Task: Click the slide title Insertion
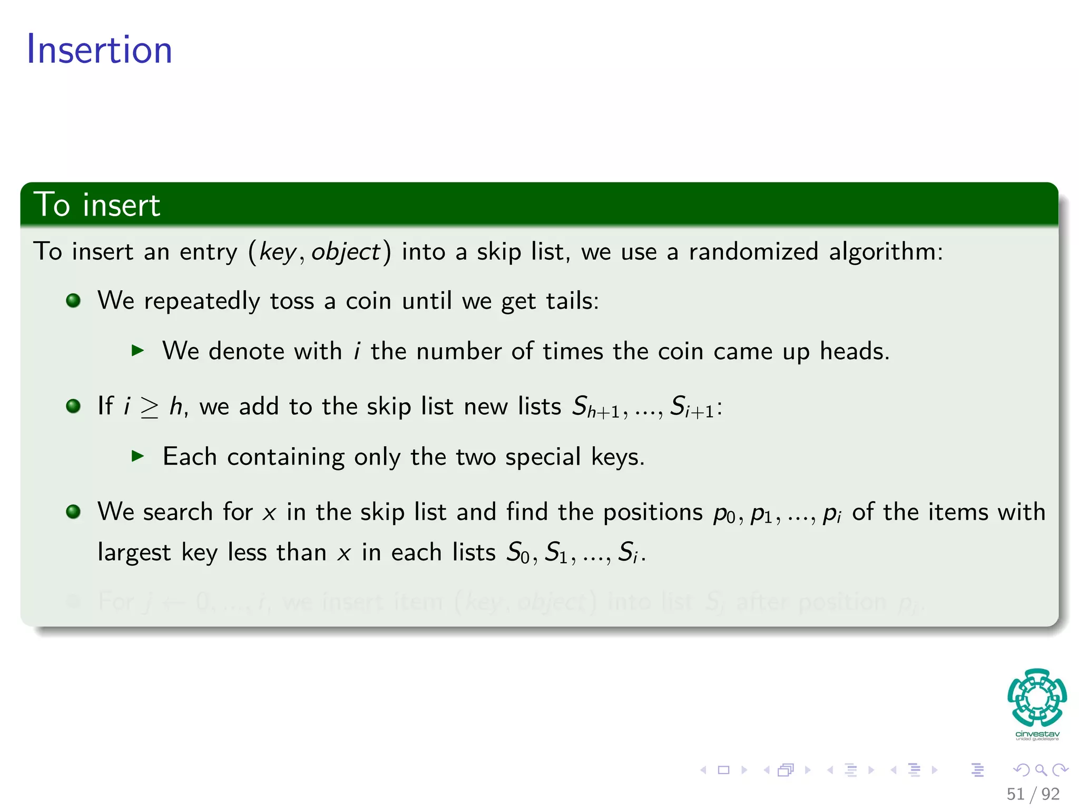pyautogui.click(x=99, y=50)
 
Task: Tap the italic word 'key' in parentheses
pyautogui.click(x=278, y=252)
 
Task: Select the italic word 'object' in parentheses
pyautogui.click(x=345, y=252)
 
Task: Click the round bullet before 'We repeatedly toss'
pyautogui.click(x=73, y=301)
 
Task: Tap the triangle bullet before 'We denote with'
pyautogui.click(x=138, y=350)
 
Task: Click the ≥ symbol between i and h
pyautogui.click(x=149, y=407)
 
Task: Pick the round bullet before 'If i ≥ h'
pyautogui.click(x=73, y=406)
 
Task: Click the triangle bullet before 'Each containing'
pyautogui.click(x=138, y=456)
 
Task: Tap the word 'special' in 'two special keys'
pyautogui.click(x=543, y=456)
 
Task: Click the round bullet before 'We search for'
pyautogui.click(x=73, y=512)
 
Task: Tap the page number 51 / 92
pyautogui.click(x=1033, y=794)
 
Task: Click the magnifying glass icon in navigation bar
pyautogui.click(x=1041, y=770)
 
